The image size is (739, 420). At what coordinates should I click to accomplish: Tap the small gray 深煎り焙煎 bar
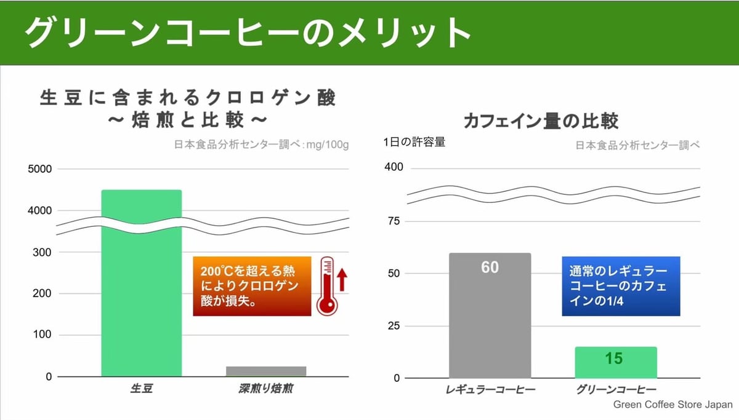266,371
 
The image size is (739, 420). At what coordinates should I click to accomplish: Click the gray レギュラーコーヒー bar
490,320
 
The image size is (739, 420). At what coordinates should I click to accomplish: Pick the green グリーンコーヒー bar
616,363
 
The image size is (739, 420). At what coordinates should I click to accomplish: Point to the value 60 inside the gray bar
490,267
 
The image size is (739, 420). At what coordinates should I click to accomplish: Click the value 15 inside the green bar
614,358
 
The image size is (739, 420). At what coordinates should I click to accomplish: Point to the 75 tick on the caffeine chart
395,221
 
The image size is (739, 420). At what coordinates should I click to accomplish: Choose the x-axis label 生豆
142,389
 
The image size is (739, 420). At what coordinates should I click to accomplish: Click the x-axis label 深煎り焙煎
266,389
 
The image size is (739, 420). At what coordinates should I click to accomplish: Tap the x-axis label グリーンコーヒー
616,390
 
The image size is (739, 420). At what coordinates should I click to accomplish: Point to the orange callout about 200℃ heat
252,286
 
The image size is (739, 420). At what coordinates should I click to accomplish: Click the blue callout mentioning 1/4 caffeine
621,287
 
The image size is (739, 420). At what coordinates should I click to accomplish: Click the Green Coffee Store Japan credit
672,405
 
